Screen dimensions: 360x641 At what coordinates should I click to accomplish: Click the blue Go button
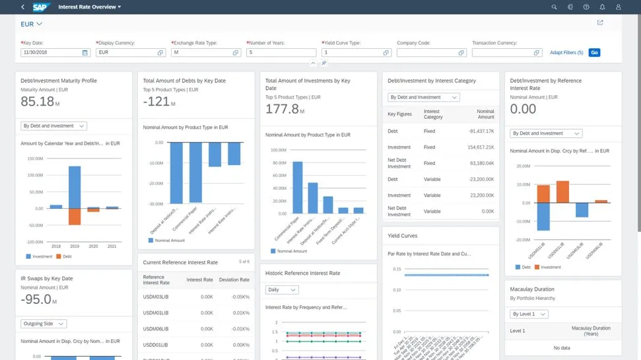click(x=594, y=52)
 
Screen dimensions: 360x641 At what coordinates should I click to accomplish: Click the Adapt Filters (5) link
click(x=566, y=52)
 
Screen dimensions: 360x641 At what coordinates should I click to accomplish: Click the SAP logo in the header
click(x=42, y=7)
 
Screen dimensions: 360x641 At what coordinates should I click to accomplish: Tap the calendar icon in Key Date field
click(x=85, y=52)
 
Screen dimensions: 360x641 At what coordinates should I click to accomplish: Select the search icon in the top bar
click(x=554, y=7)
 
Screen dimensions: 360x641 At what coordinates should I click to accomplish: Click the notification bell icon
click(x=602, y=7)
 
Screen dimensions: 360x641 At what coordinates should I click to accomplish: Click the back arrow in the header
click(x=23, y=7)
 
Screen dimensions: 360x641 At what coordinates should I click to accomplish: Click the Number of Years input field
click(x=281, y=52)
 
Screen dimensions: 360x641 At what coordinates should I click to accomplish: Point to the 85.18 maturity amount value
click(x=38, y=101)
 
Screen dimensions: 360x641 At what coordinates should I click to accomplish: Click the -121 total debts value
click(x=156, y=101)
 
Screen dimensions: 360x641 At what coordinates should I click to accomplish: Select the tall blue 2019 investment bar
click(x=75, y=187)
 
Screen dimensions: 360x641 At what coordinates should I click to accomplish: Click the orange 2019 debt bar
click(x=75, y=217)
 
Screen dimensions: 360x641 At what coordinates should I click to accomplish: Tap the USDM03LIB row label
click(x=156, y=297)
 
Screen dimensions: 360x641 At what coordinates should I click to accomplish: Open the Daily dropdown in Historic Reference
click(x=282, y=289)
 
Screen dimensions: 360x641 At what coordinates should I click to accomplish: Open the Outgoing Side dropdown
click(x=44, y=324)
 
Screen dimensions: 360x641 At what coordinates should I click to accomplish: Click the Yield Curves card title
click(x=403, y=236)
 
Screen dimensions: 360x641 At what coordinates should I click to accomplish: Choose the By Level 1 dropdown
click(x=529, y=314)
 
